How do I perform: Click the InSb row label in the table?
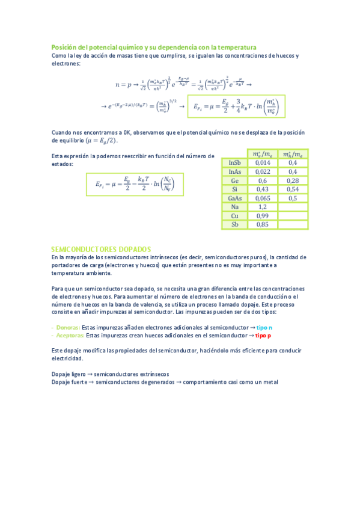pyautogui.click(x=235, y=163)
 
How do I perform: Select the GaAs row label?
pyautogui.click(x=235, y=198)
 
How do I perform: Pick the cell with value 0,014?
pyautogui.click(x=263, y=163)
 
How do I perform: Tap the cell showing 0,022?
pyautogui.click(x=263, y=172)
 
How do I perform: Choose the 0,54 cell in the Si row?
pyautogui.click(x=293, y=189)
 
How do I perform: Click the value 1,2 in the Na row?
pyautogui.click(x=263, y=207)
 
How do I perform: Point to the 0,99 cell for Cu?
pyautogui.click(x=263, y=216)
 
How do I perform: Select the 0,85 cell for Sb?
pyautogui.click(x=263, y=225)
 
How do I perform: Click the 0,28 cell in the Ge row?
pyautogui.click(x=293, y=180)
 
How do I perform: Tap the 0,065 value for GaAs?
pyautogui.click(x=263, y=198)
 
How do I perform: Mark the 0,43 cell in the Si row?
pyautogui.click(x=263, y=189)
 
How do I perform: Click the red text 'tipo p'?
pyautogui.click(x=263, y=335)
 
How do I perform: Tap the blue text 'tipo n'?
pyautogui.click(x=264, y=327)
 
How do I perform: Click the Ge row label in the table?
pyautogui.click(x=235, y=180)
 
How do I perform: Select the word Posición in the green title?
pyautogui.click(x=65, y=47)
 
